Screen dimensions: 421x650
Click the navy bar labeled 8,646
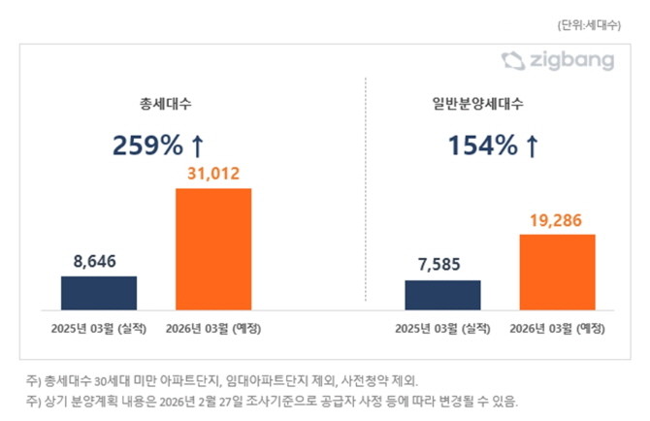click(99, 293)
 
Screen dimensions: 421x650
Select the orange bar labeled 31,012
click(213, 249)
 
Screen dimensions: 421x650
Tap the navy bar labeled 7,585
click(442, 295)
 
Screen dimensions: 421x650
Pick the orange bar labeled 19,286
click(557, 273)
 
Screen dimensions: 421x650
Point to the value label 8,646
click(99, 261)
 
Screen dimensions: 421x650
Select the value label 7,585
click(442, 265)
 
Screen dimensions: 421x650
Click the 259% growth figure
click(147, 146)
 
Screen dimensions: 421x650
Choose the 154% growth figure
click(482, 146)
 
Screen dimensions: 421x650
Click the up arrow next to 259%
click(197, 146)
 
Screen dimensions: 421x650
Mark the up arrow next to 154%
click(531, 146)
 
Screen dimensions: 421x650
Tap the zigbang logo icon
click(512, 61)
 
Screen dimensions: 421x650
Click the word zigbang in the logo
click(571, 62)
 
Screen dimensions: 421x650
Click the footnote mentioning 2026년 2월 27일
click(275, 400)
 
